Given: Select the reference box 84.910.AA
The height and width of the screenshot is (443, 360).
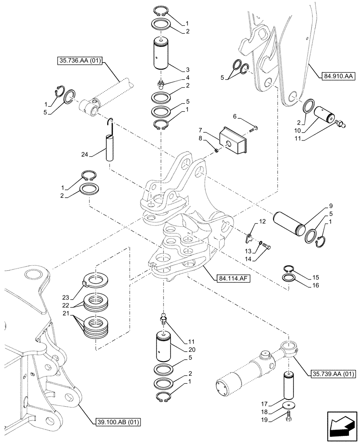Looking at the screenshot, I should [x=336, y=76].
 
